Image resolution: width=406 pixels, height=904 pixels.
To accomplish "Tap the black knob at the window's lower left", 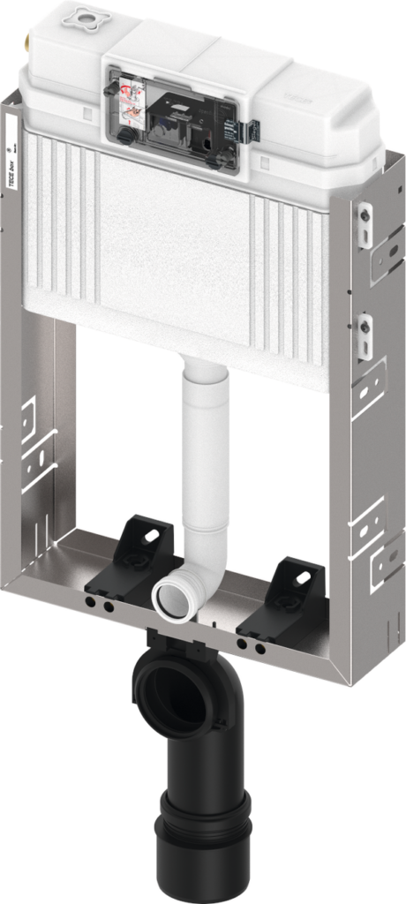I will click(x=127, y=134).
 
